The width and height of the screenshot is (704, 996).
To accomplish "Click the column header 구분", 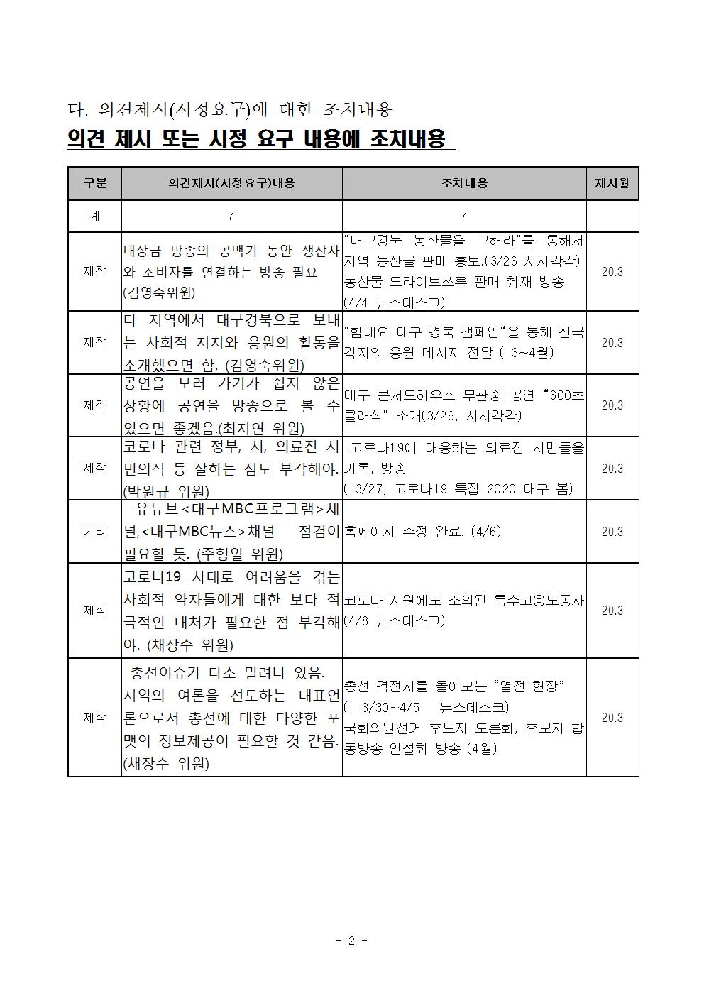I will coord(94,183).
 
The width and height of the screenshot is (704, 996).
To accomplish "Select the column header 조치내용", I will coord(464,183).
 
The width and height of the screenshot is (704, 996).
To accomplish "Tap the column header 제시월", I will coord(612,183).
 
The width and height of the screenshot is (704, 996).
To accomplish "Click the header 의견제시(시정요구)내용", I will coord(231,183).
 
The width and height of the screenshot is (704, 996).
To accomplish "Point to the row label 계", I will coord(94,216).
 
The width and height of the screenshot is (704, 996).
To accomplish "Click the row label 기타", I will coord(94,531).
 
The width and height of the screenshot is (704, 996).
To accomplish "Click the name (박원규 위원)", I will coord(166,491).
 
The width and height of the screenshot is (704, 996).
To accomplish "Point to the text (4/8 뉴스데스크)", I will coord(394,620).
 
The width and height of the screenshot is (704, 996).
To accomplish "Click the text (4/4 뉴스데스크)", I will coord(394,302).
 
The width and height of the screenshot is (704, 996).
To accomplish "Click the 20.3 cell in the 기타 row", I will coord(612,531).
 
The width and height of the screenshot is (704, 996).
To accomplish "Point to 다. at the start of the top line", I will coord(77,109).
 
